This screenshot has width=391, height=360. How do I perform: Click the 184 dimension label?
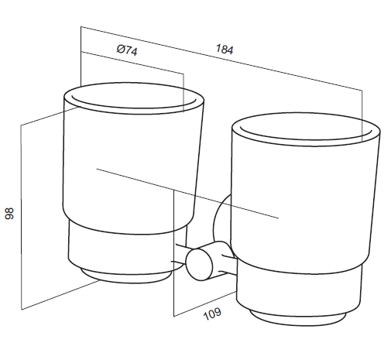click(x=225, y=50)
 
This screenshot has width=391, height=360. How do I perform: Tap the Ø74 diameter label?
click(x=127, y=50)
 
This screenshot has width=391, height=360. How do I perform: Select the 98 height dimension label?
click(x=9, y=213)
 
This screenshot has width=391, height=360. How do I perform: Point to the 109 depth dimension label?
click(x=212, y=314)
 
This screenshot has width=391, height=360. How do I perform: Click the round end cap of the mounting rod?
click(x=199, y=264)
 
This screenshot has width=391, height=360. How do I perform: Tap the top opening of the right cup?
click(x=306, y=130)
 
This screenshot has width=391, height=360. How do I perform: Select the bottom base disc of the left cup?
click(x=125, y=276)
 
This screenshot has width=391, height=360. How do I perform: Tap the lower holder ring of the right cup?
click(x=299, y=289)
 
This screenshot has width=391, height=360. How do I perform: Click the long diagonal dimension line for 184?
click(x=221, y=58)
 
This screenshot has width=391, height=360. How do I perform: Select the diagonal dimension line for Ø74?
click(x=132, y=63)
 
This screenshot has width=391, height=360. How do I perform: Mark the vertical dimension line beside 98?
click(x=21, y=217)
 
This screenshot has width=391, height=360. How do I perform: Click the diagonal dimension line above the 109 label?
click(x=205, y=303)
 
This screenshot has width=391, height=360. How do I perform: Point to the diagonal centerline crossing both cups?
click(x=187, y=194)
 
